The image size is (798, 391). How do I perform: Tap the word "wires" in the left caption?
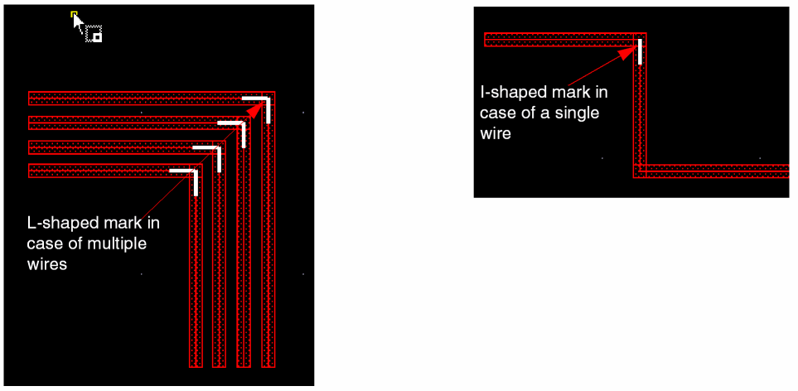click(47, 264)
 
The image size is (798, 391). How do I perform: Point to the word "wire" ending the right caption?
click(496, 133)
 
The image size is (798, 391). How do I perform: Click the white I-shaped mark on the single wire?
click(640, 51)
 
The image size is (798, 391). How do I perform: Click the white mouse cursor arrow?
click(78, 24)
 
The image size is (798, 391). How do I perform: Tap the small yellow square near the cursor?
click(75, 14)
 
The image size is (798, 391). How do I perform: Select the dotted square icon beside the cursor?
click(94, 34)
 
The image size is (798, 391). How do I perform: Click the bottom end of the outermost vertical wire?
click(268, 365)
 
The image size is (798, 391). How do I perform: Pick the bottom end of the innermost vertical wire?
click(196, 365)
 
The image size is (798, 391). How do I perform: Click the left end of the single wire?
click(486, 40)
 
